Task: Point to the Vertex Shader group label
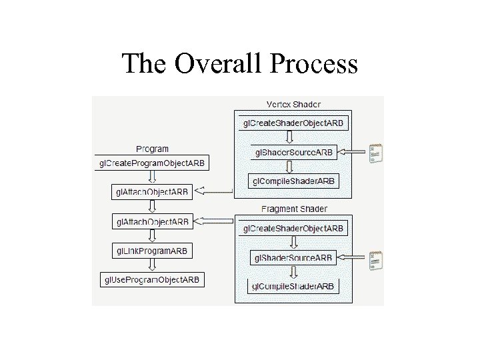tap(293, 105)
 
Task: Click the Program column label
tap(152, 149)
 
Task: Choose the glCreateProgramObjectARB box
tap(152, 163)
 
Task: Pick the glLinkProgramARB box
tap(152, 251)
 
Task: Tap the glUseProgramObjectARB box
tap(152, 279)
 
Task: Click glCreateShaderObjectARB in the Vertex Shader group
tap(294, 123)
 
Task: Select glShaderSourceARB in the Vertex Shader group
tap(294, 152)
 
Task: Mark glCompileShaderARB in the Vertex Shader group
tap(293, 181)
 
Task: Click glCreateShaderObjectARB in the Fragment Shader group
tap(294, 228)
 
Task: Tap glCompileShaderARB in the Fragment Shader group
tap(293, 287)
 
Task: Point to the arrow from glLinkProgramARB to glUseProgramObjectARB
tap(152, 265)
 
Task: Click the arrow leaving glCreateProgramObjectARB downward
tap(152, 177)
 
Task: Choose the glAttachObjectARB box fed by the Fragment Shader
tap(153, 221)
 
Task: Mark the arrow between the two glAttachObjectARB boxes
tap(152, 207)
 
